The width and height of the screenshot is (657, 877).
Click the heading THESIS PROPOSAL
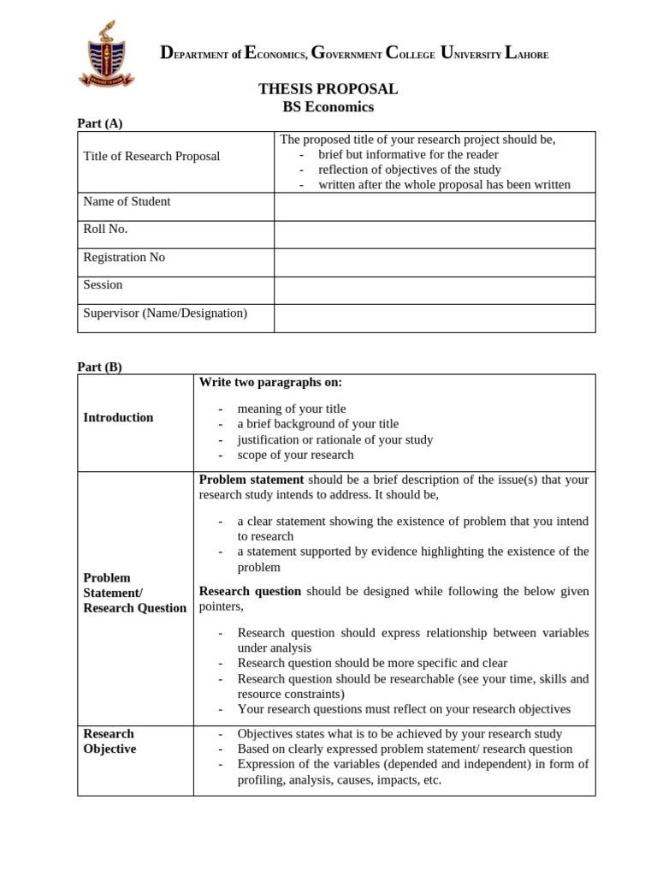click(328, 89)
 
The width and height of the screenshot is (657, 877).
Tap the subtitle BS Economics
click(328, 107)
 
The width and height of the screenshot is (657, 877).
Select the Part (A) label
click(100, 123)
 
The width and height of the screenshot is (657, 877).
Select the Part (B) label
click(100, 367)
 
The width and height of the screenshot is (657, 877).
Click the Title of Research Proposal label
click(151, 156)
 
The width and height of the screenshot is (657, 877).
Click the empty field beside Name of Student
click(434, 206)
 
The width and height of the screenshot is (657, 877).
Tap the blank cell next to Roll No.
click(434, 235)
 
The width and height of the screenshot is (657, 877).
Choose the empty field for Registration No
click(434, 262)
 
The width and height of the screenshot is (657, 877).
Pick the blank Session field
click(434, 289)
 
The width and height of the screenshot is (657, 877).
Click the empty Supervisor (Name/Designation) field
click(434, 318)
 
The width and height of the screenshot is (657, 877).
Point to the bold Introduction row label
click(118, 417)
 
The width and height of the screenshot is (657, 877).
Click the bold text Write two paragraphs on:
click(270, 382)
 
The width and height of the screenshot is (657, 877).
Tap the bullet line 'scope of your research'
click(295, 455)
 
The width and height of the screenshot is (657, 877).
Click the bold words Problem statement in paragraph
click(251, 480)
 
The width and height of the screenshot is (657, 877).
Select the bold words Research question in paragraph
click(250, 591)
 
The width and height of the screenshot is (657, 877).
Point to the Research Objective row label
click(109, 741)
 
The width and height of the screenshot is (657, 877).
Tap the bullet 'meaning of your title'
click(292, 409)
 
